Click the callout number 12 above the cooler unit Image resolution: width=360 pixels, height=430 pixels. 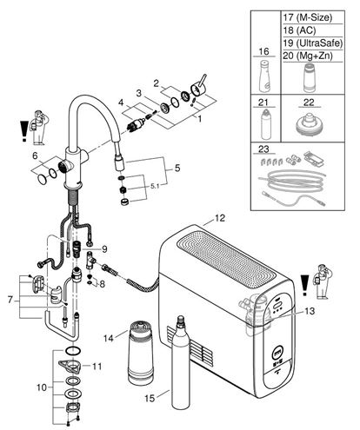click(220, 218)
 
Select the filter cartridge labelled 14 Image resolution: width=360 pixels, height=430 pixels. click(141, 353)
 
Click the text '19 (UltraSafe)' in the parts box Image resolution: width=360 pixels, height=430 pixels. click(313, 43)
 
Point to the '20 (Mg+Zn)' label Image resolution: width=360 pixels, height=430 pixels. click(308, 56)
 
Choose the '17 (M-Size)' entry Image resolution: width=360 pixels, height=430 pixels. click(308, 17)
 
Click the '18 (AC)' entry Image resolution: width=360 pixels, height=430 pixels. click(299, 30)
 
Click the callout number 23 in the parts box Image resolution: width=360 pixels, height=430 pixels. click(263, 149)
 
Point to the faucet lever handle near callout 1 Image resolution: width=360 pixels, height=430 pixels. click(199, 87)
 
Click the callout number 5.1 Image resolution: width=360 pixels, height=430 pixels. click(155, 187)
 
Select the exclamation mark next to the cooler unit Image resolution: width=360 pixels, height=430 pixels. click(304, 285)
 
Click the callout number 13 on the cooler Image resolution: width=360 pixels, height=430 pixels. click(310, 311)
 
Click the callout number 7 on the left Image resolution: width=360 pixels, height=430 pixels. click(10, 300)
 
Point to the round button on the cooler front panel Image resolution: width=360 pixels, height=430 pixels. click(277, 354)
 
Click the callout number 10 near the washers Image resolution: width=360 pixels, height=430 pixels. click(42, 387)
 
